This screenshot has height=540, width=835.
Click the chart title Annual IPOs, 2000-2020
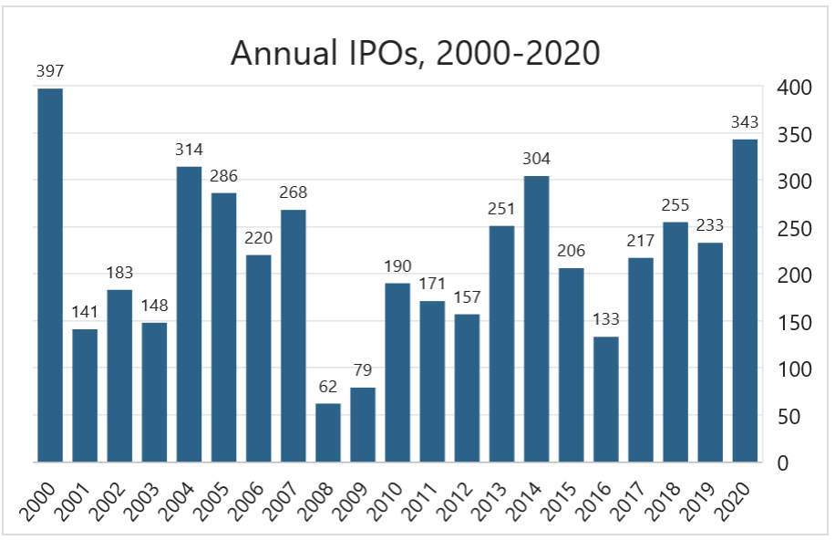415,53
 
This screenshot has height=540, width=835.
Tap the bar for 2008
328,432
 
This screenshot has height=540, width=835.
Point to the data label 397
50,71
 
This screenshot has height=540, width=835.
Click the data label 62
328,386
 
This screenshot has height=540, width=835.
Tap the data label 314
189,149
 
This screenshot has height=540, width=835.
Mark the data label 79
363,370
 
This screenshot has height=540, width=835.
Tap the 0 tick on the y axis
783,463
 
